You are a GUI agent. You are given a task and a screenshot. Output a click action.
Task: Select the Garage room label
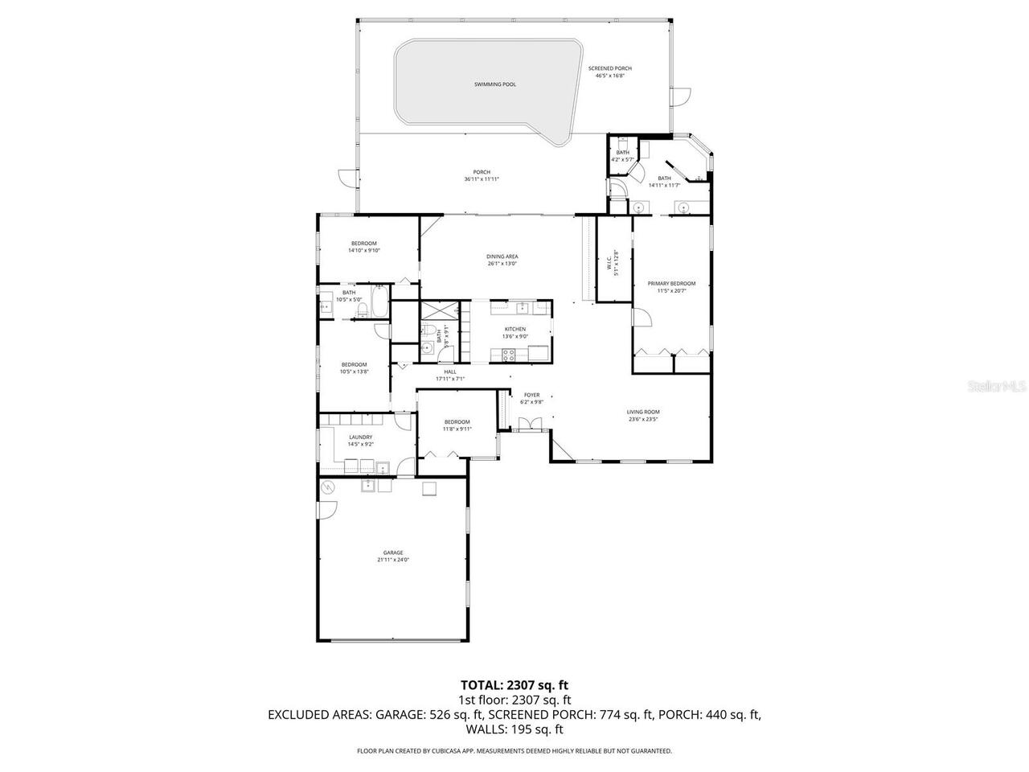pyautogui.click(x=393, y=552)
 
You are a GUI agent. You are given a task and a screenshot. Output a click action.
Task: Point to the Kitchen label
pyautogui.click(x=515, y=329)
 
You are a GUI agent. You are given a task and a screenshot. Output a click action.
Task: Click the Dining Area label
pyautogui.click(x=502, y=257)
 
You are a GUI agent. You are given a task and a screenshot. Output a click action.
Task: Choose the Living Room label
pyautogui.click(x=643, y=412)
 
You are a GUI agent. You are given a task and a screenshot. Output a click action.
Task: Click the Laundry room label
pyautogui.click(x=360, y=437)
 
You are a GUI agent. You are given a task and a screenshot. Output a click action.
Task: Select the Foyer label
pyautogui.click(x=531, y=395)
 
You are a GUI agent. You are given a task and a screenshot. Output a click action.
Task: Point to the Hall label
pyautogui.click(x=450, y=372)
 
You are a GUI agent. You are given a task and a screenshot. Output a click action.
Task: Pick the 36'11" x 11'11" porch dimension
pyautogui.click(x=482, y=179)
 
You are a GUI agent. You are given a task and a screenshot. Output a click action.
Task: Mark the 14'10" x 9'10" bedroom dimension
pyautogui.click(x=363, y=251)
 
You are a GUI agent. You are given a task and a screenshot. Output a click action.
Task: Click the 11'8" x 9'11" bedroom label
pyautogui.click(x=457, y=429)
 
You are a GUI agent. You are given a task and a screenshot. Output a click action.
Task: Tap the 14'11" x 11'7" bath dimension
pyautogui.click(x=664, y=186)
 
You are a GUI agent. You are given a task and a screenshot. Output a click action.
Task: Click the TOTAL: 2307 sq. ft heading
pyautogui.click(x=514, y=685)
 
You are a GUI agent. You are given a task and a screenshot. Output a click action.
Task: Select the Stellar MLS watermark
pyautogui.click(x=997, y=387)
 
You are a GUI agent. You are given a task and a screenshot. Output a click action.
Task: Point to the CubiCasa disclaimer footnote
pyautogui.click(x=514, y=751)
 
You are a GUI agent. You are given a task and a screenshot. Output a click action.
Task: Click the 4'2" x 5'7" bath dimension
pyautogui.click(x=623, y=160)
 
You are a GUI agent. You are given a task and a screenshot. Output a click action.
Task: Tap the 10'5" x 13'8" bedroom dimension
pyautogui.click(x=354, y=372)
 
